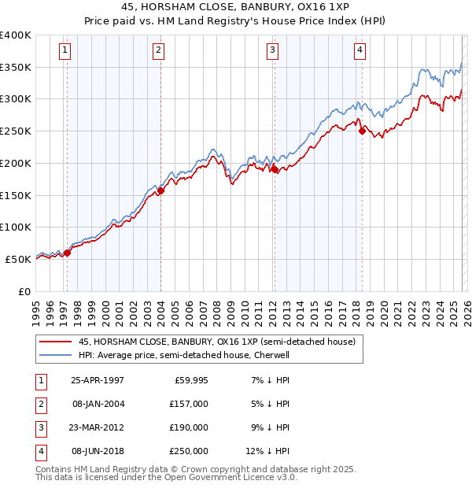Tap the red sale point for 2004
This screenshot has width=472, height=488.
click(x=160, y=190)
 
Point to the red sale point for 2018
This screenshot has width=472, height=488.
click(x=362, y=131)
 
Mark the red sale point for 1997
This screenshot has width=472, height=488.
click(x=68, y=253)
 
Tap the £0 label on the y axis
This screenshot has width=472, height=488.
click(x=24, y=291)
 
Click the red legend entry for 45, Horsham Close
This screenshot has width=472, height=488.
click(x=217, y=342)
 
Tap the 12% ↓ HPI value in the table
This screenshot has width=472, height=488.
click(x=267, y=451)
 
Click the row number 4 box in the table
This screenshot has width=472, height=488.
click(x=40, y=451)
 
